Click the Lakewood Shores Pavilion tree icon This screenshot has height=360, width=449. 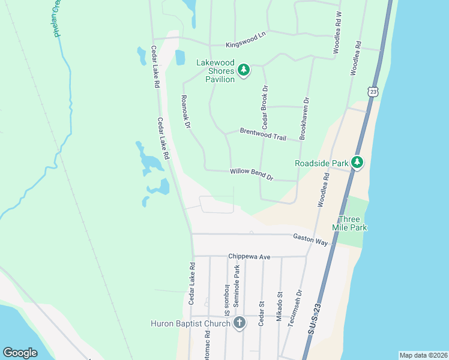[x=244, y=70]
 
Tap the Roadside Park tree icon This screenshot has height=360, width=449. [x=357, y=163]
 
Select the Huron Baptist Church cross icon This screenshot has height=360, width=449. [x=239, y=324]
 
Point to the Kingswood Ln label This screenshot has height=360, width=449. [x=246, y=41]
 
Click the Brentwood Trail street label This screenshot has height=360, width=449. [x=263, y=134]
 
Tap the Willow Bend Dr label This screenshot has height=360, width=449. [x=252, y=175]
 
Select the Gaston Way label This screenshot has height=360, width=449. [x=310, y=239]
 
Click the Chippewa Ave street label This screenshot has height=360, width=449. [x=249, y=257]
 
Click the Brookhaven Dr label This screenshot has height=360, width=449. [x=304, y=118]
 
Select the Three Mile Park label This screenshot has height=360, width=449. [x=352, y=223]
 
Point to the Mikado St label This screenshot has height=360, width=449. [x=279, y=307]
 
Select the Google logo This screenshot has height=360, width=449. [x=20, y=353]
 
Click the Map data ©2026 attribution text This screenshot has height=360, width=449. [x=423, y=355]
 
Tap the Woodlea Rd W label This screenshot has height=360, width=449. [x=338, y=30]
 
